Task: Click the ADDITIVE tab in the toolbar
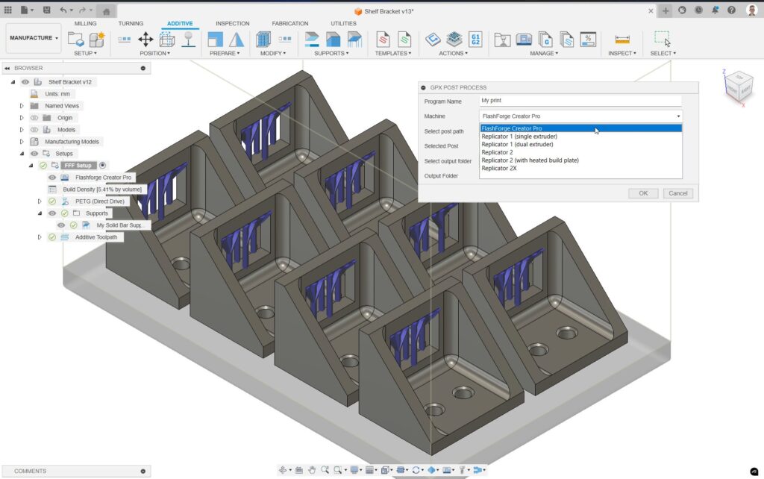click(x=180, y=24)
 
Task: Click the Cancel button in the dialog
click(x=677, y=193)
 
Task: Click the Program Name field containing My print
click(x=580, y=101)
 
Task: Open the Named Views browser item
click(x=62, y=106)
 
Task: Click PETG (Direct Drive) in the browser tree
click(x=99, y=201)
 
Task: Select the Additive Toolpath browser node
click(x=99, y=237)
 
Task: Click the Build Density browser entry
click(x=101, y=190)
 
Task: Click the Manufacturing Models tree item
click(x=72, y=142)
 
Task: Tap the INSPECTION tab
click(x=232, y=24)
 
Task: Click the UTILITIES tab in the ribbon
click(x=343, y=24)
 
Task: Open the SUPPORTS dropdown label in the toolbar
click(x=331, y=54)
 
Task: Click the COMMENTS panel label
click(x=30, y=471)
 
